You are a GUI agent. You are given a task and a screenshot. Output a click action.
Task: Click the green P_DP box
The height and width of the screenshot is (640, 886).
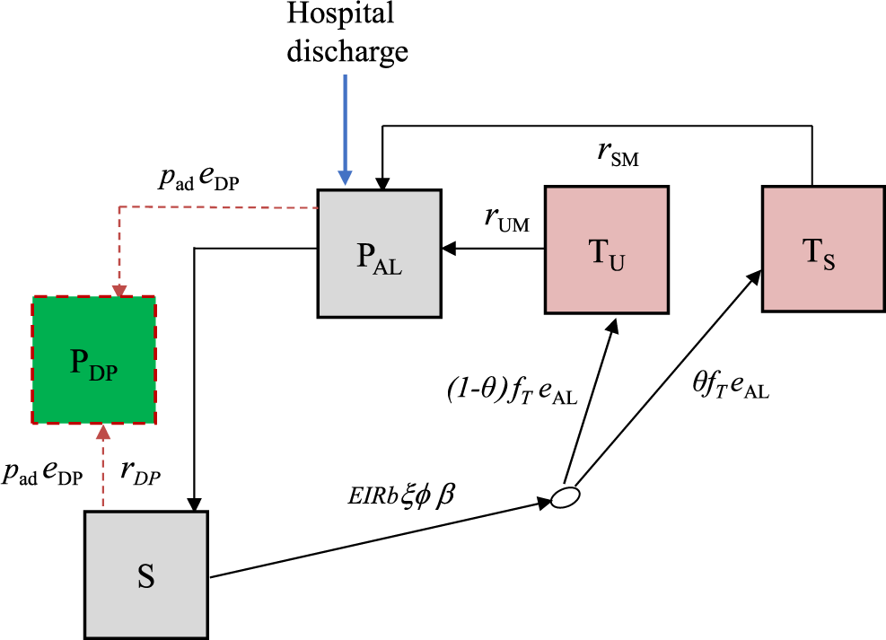[94, 360]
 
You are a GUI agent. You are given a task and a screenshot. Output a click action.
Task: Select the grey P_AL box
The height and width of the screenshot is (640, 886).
[379, 252]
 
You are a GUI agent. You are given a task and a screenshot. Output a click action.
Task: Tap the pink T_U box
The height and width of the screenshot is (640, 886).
[607, 250]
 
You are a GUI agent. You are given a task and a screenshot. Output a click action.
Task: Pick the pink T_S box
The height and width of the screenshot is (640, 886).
[822, 248]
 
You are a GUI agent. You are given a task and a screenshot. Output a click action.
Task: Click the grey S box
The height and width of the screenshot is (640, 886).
[145, 574]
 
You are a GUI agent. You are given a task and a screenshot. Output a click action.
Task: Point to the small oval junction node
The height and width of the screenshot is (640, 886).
[565, 496]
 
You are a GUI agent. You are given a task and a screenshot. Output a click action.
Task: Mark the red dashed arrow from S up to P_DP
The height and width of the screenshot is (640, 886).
[103, 467]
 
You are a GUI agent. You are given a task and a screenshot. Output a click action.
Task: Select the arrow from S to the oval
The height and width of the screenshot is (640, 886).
[377, 539]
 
